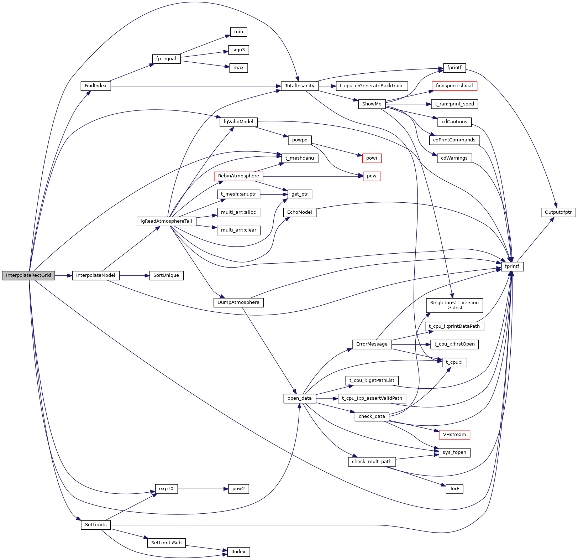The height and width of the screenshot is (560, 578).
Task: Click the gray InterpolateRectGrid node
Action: click(x=28, y=275)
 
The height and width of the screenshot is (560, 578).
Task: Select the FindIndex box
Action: click(x=96, y=86)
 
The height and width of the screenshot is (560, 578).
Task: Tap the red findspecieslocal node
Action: click(x=454, y=86)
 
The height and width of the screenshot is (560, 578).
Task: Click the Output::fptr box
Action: click(x=558, y=212)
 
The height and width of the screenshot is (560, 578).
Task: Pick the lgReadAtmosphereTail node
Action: click(x=166, y=221)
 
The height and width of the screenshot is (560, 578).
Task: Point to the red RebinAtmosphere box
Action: click(x=238, y=176)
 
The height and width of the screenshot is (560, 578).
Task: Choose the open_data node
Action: click(x=299, y=398)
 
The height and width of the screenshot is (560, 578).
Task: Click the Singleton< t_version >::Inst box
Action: click(x=454, y=305)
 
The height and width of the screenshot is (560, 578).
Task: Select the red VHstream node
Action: click(x=454, y=435)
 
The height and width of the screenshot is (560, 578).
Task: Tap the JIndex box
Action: click(x=238, y=552)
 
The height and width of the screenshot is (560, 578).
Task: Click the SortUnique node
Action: click(x=166, y=275)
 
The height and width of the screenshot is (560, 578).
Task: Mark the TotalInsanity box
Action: click(x=300, y=86)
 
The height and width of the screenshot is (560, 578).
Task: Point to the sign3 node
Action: click(x=238, y=50)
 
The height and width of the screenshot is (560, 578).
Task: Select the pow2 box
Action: click(x=238, y=489)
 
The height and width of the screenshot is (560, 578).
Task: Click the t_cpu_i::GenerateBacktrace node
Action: click(x=372, y=86)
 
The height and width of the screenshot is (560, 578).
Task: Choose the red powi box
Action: click(x=372, y=158)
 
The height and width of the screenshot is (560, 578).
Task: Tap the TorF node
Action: click(x=454, y=489)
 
